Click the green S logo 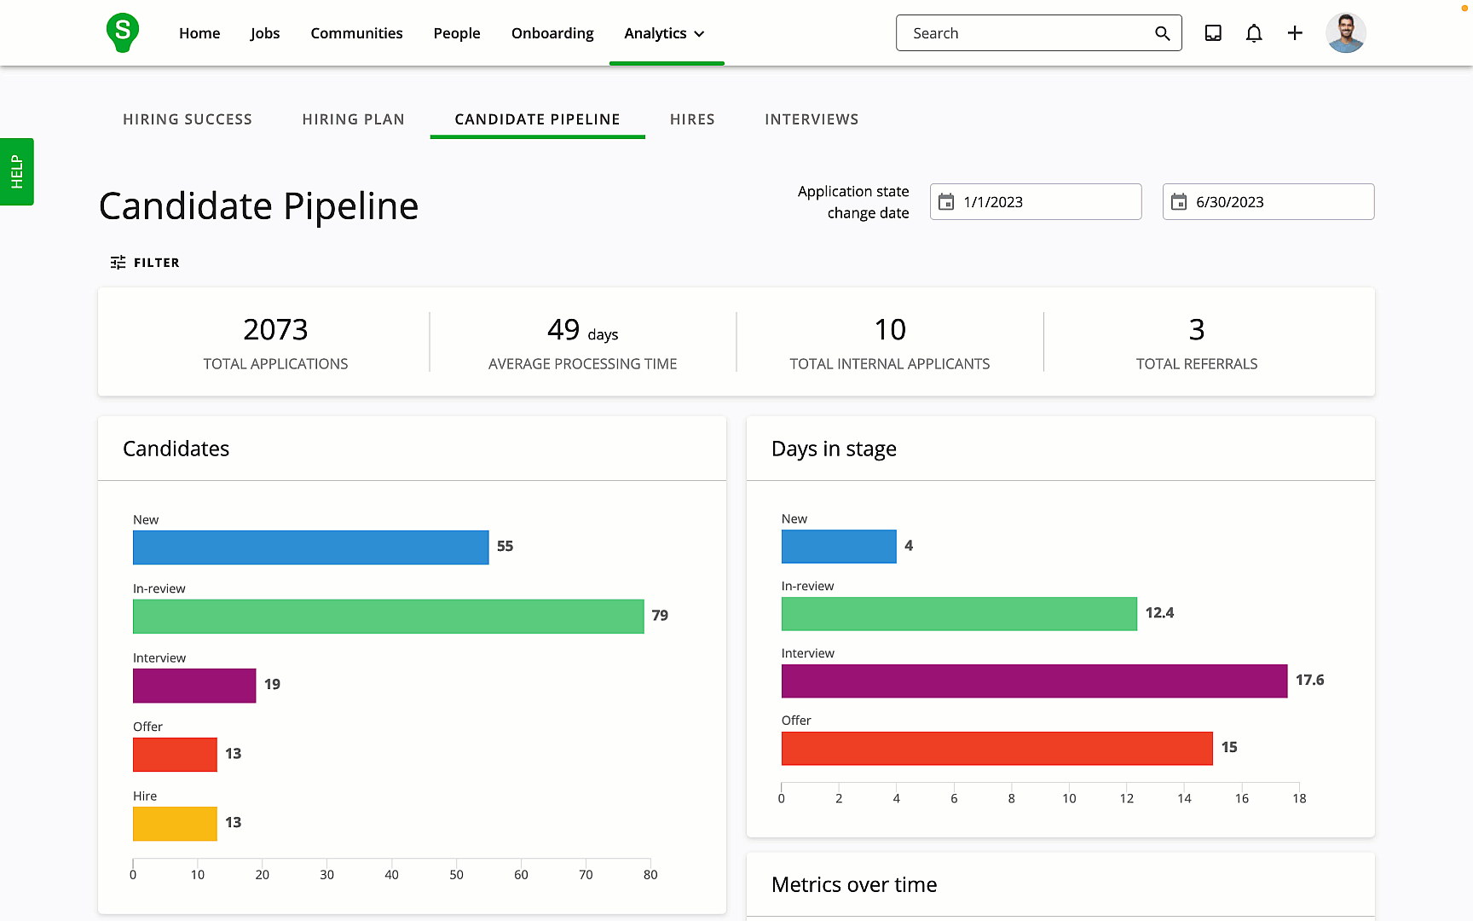click(123, 32)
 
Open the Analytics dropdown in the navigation click(665, 33)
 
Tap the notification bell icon click(1253, 33)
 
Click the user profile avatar click(1345, 33)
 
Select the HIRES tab click(692, 119)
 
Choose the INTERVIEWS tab click(812, 119)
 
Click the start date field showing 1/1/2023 click(1035, 202)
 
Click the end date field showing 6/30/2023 click(1268, 202)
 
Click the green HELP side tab click(16, 171)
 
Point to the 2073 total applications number click(275, 330)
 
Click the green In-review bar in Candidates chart click(388, 617)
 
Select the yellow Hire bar click(175, 824)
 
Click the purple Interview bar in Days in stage click(1034, 681)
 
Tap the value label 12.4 click(1159, 613)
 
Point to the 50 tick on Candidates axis click(456, 874)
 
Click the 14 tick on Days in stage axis click(1184, 798)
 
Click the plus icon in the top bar click(1294, 33)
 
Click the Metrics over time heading click(853, 885)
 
